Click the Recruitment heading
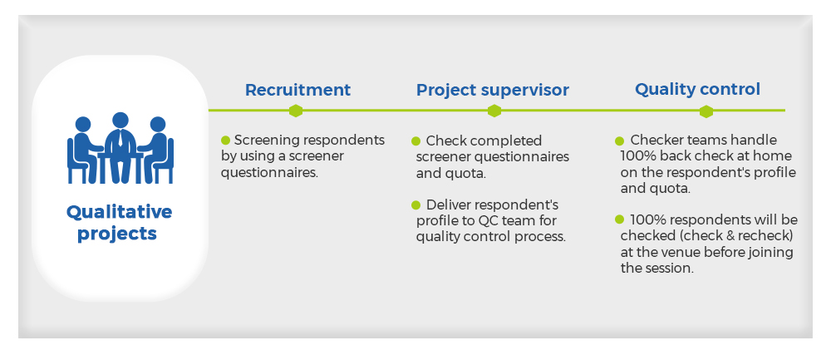(x=297, y=90)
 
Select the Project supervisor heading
(x=492, y=90)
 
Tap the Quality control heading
(x=697, y=89)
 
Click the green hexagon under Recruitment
(x=296, y=111)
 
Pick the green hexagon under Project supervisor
(x=494, y=111)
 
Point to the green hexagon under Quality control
(x=706, y=111)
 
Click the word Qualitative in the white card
(x=119, y=212)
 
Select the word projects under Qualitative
(x=117, y=234)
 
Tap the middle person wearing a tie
(x=120, y=148)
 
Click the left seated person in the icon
(x=84, y=150)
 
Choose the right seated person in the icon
(x=157, y=150)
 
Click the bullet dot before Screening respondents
(x=225, y=141)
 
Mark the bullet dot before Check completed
(x=416, y=141)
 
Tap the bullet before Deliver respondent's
(x=416, y=205)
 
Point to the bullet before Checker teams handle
(x=620, y=141)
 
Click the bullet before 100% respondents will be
(x=620, y=219)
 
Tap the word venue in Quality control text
(x=674, y=252)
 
